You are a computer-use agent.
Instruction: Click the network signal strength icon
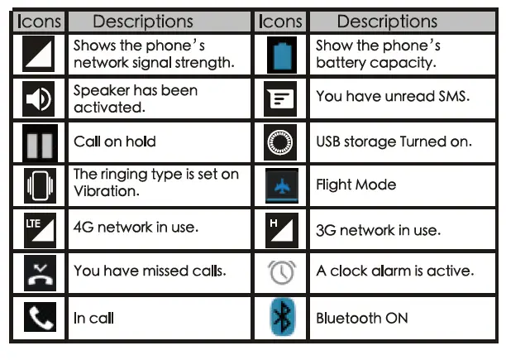pyautogui.click(x=38, y=54)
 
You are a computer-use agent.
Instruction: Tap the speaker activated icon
pyautogui.click(x=38, y=98)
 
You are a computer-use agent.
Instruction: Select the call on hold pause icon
pyautogui.click(x=38, y=142)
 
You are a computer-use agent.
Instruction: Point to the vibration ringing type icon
pyautogui.click(x=38, y=185)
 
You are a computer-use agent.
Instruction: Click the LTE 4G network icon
pyautogui.click(x=38, y=229)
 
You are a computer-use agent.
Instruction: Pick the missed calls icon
pyautogui.click(x=38, y=272)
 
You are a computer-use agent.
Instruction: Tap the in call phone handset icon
pyautogui.click(x=38, y=318)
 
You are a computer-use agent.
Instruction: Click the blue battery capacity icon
pyautogui.click(x=281, y=55)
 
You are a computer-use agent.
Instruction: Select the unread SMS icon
pyautogui.click(x=281, y=98)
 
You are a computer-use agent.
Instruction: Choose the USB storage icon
pyautogui.click(x=281, y=142)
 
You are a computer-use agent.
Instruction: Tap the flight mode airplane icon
pyautogui.click(x=281, y=185)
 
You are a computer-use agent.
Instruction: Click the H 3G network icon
pyautogui.click(x=281, y=229)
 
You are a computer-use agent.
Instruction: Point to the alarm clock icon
pyautogui.click(x=281, y=272)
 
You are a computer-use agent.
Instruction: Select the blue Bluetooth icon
pyautogui.click(x=281, y=318)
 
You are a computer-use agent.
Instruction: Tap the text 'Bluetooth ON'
pyautogui.click(x=361, y=318)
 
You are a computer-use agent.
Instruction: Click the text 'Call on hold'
pyautogui.click(x=114, y=142)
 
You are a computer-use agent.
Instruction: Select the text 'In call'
pyautogui.click(x=93, y=318)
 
